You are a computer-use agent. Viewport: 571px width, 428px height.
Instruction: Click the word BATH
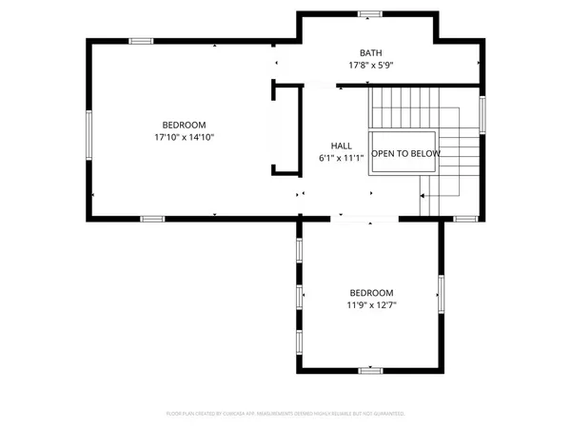pos(370,53)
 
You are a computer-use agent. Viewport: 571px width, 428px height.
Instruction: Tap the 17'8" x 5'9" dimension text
pos(370,66)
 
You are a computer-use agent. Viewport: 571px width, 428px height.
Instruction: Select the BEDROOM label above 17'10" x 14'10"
pos(184,125)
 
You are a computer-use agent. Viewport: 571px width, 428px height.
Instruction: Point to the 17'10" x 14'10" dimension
pos(184,138)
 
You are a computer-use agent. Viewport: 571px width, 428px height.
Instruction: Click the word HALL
pos(342,146)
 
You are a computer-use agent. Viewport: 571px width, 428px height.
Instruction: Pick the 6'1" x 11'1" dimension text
pos(342,158)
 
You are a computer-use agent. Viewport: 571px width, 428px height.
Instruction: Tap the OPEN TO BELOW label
pos(405,153)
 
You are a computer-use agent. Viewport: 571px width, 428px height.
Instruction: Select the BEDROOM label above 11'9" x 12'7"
pos(371,293)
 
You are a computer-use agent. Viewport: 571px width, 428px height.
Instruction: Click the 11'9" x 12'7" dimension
pos(371,305)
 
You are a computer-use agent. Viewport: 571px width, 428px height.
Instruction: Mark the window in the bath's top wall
pos(370,13)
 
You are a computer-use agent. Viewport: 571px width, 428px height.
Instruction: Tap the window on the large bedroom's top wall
pos(142,41)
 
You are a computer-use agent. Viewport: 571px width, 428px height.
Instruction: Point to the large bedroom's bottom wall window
pos(152,219)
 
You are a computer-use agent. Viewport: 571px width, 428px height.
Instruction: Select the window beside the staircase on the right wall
pos(482,114)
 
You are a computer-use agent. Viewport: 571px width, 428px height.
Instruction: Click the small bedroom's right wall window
pos(441,294)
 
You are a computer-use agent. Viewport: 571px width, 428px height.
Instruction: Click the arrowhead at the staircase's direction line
pos(422,197)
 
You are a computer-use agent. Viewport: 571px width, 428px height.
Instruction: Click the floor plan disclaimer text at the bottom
pos(285,414)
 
